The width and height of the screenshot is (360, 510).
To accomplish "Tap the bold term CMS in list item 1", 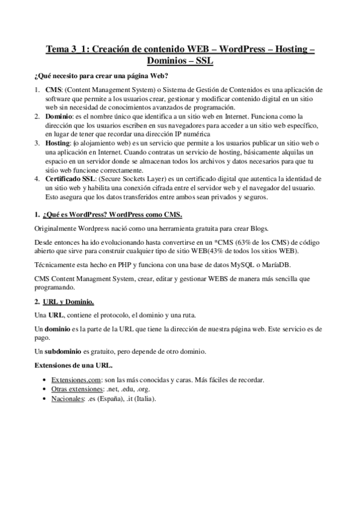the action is pyautogui.click(x=54, y=90).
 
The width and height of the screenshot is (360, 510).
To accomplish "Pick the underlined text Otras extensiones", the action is pyautogui.click(x=75, y=389).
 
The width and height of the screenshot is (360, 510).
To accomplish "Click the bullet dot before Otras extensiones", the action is pyautogui.click(x=46, y=389).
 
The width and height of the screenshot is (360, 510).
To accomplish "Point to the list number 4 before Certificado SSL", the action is pyautogui.click(x=37, y=179).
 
